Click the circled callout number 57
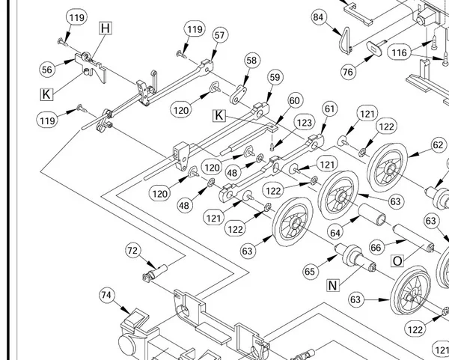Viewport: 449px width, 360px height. tap(219, 35)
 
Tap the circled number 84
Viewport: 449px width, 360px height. tap(319, 17)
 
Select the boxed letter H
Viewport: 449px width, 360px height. tap(106, 28)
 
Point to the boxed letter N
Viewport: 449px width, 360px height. tap(332, 285)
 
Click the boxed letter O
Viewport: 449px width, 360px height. tap(397, 261)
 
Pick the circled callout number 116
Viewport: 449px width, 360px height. tap(399, 52)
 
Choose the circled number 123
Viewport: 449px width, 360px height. tap(304, 123)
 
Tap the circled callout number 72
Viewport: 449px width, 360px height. tap(133, 251)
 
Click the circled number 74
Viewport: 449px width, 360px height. tap(106, 295)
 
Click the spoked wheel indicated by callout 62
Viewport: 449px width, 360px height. tap(387, 167)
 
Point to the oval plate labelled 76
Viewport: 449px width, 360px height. tap(374, 48)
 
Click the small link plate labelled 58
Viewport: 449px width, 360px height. tap(238, 95)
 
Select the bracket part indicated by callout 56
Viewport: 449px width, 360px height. tap(91, 67)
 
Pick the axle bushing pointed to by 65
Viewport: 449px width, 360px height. tap(355, 257)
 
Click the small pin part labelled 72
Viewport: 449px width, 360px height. tap(155, 273)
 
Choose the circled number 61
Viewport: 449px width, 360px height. tap(330, 109)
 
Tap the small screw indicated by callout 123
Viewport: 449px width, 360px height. tap(272, 147)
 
